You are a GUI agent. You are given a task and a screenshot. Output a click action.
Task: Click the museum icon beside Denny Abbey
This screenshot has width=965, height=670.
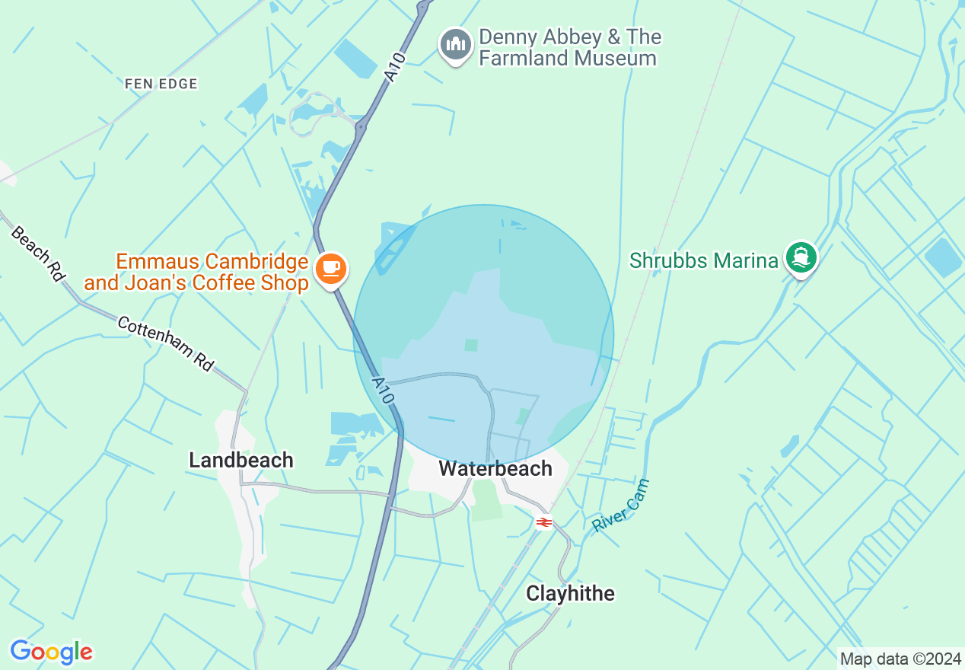(x=455, y=44)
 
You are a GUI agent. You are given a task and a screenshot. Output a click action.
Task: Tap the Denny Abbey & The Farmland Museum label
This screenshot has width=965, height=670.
(x=569, y=47)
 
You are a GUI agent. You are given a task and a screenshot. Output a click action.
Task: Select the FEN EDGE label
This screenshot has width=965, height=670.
(x=161, y=84)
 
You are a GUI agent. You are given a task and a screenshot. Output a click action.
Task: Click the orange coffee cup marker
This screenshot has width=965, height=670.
(x=331, y=269)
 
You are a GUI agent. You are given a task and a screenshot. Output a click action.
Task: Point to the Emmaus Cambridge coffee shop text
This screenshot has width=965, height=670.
(x=196, y=273)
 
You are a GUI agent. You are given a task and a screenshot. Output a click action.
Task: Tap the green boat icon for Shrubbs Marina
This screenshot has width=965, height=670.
(x=800, y=257)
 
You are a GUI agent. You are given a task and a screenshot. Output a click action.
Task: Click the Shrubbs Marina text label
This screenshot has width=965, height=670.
(x=704, y=260)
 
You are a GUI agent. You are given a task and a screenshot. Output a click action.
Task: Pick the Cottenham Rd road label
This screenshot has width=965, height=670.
(x=165, y=343)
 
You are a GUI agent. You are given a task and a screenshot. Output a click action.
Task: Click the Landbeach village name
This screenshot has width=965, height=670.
(x=240, y=460)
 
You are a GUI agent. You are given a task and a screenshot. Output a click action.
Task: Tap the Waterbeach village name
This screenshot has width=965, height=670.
(x=495, y=469)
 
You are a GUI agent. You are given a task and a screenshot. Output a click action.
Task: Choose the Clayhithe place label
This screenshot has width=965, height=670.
(x=570, y=593)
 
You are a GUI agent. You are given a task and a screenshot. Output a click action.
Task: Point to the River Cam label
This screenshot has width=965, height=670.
(x=621, y=506)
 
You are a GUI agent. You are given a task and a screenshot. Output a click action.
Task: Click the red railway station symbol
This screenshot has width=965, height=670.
(x=543, y=522)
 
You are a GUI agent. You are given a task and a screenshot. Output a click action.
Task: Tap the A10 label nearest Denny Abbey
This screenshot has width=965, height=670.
(x=394, y=66)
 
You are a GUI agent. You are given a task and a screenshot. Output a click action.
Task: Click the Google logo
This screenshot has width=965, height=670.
(x=51, y=652)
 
